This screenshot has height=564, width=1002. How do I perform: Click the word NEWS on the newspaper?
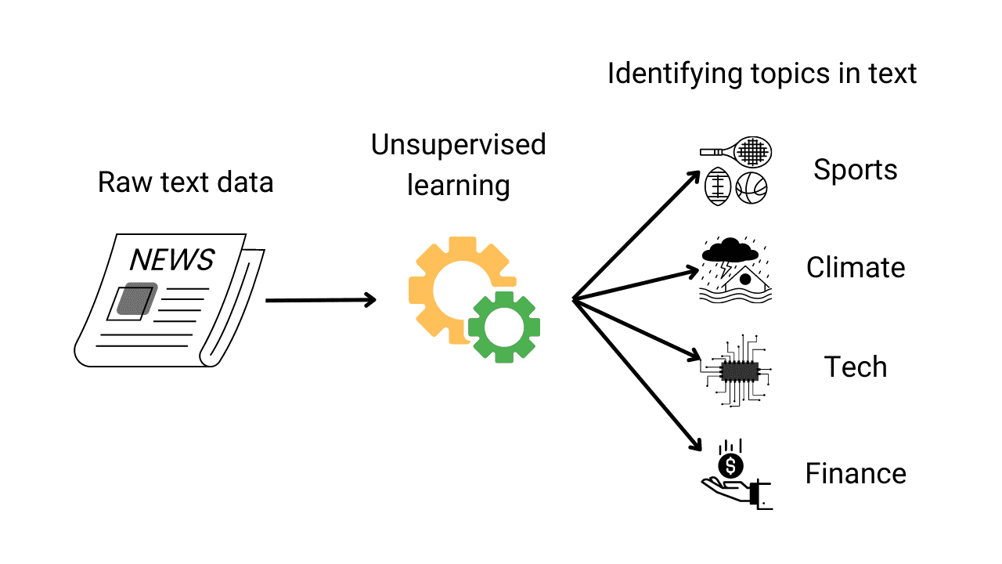point(171,259)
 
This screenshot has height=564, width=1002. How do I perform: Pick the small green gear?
point(504,327)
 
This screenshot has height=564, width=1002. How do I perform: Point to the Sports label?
point(855,169)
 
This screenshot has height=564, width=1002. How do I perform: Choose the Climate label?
point(856,268)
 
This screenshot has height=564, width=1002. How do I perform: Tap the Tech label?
point(856,367)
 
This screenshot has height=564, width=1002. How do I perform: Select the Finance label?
point(856,473)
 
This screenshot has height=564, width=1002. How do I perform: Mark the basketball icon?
point(751,188)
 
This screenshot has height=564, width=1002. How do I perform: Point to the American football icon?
point(718,188)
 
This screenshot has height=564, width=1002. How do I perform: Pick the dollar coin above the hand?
point(730,466)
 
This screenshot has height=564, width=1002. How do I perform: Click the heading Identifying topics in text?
point(762,74)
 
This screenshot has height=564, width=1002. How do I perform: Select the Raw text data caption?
point(186,183)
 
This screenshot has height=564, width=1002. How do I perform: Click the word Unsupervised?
point(458,145)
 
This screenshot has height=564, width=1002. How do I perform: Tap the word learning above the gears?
point(458,186)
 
